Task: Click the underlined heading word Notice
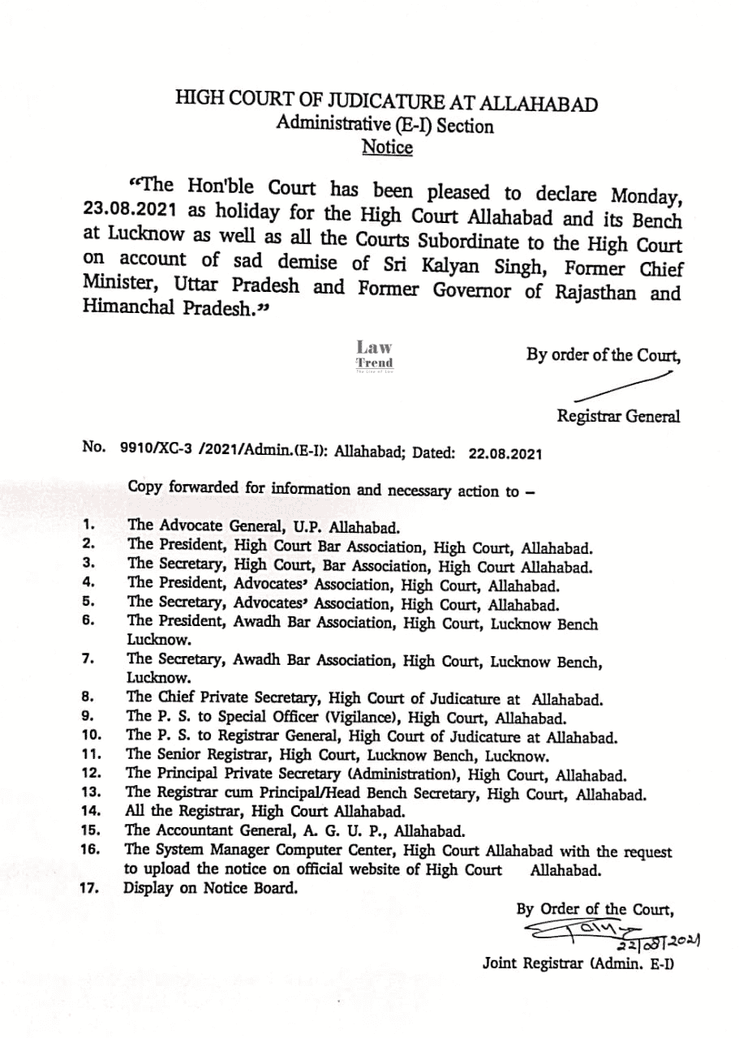pos(387,148)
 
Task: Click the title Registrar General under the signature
pos(618,417)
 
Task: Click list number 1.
pos(88,524)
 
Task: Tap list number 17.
pos(89,887)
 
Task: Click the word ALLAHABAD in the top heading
pos(539,104)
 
